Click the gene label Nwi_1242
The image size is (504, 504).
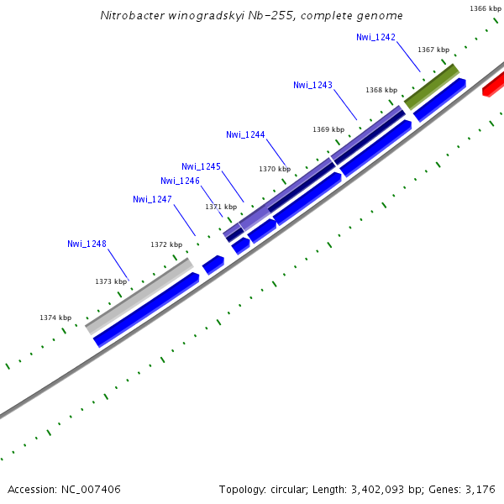[375, 37]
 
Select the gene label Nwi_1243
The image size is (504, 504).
[312, 85]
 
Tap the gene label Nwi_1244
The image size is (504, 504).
[245, 134]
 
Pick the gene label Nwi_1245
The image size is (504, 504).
[201, 166]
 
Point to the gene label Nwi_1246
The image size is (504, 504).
[180, 181]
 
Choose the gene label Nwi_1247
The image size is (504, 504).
[152, 199]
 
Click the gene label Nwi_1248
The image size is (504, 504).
[87, 244]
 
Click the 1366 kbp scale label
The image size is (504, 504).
[485, 8]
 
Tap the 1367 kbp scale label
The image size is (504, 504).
[433, 50]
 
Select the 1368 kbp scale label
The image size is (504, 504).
[381, 90]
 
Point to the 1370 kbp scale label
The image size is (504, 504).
[275, 169]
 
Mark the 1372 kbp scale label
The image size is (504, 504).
[166, 244]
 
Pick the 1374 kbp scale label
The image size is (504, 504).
[55, 318]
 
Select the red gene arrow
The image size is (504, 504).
[494, 84]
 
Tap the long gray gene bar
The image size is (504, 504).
[139, 295]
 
